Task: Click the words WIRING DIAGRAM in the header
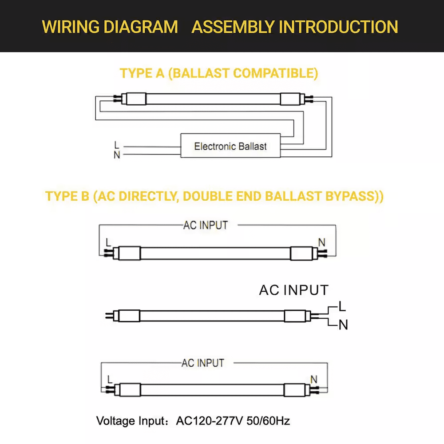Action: (110, 27)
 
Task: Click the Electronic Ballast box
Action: (230, 146)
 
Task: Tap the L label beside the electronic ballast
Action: (117, 145)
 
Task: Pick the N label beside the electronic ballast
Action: (117, 155)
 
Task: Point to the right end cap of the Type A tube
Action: (292, 99)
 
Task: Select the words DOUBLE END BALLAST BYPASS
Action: (274, 196)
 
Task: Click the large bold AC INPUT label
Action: (293, 290)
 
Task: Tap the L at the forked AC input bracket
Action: (342, 306)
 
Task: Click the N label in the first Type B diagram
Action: (322, 242)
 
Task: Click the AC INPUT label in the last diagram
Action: (203, 363)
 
